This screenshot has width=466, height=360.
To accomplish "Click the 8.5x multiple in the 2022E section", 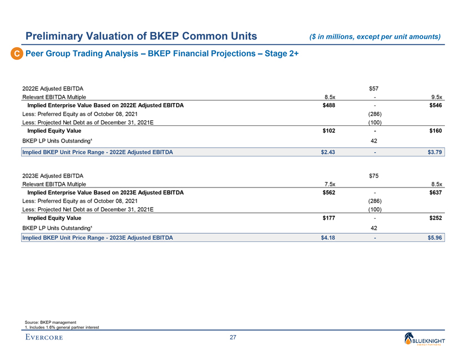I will pos(328,97).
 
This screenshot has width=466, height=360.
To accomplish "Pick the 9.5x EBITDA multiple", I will pos(435,97).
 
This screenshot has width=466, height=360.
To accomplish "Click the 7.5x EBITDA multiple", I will pos(328,184).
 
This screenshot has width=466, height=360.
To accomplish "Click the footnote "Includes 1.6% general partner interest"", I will pos(62,327).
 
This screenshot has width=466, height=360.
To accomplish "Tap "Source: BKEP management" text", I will pos(50,322).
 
